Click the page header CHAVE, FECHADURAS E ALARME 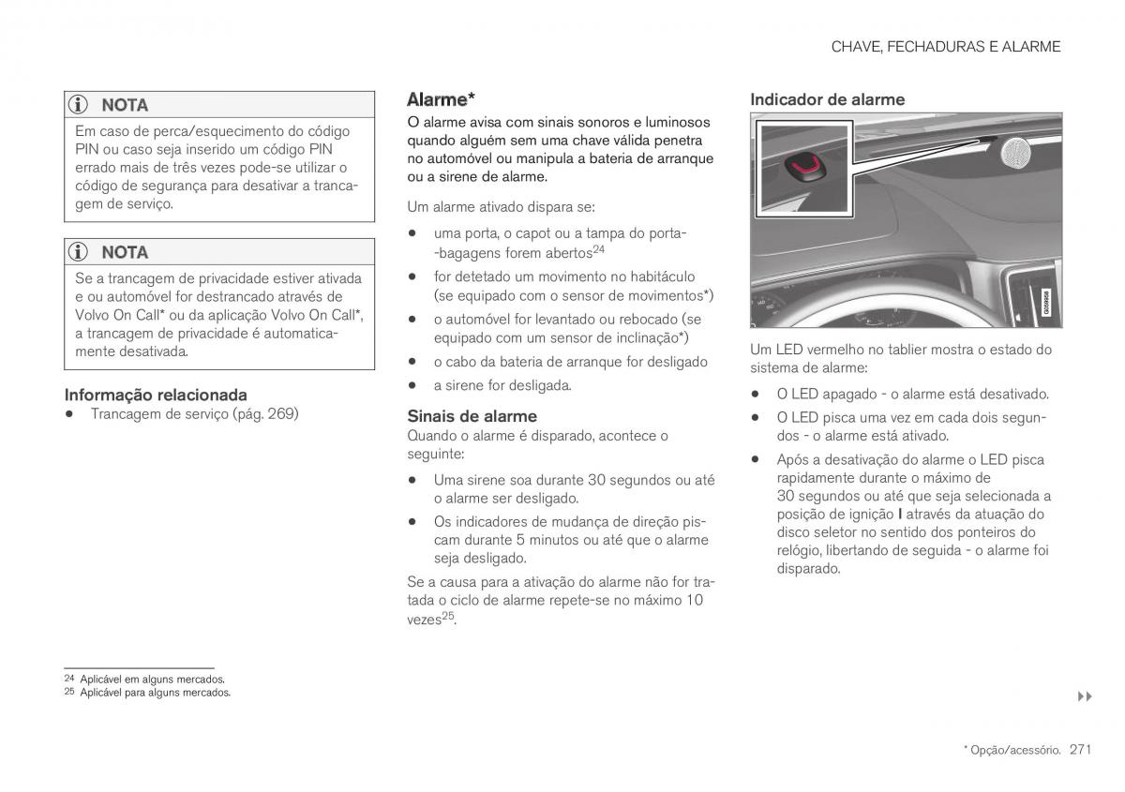click(x=945, y=47)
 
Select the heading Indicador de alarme click(x=827, y=99)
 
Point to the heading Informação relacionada click(x=156, y=395)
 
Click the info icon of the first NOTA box click(x=82, y=105)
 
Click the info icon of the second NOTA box click(x=82, y=252)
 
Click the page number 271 click(x=1081, y=749)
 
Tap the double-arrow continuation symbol click(x=1085, y=696)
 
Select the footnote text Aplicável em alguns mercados click(x=152, y=679)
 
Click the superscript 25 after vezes click(x=448, y=616)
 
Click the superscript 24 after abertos click(x=598, y=249)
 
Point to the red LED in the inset click(x=802, y=166)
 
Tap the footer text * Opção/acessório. click(x=1012, y=750)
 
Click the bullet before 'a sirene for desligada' click(x=412, y=385)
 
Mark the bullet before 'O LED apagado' click(x=755, y=395)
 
